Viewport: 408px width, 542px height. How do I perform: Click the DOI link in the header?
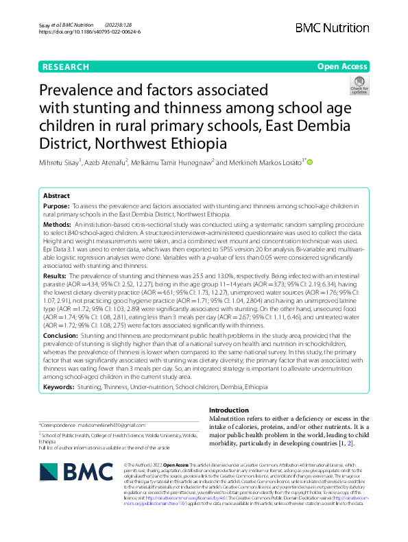(x=91, y=32)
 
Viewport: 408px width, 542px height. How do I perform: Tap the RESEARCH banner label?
(x=65, y=67)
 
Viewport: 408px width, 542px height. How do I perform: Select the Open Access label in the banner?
(x=341, y=67)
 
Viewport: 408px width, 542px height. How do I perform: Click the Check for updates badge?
(x=359, y=86)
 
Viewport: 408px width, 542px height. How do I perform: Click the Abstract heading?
(x=57, y=195)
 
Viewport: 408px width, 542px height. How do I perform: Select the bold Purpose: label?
(x=56, y=206)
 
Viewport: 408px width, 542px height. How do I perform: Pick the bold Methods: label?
(x=58, y=225)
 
